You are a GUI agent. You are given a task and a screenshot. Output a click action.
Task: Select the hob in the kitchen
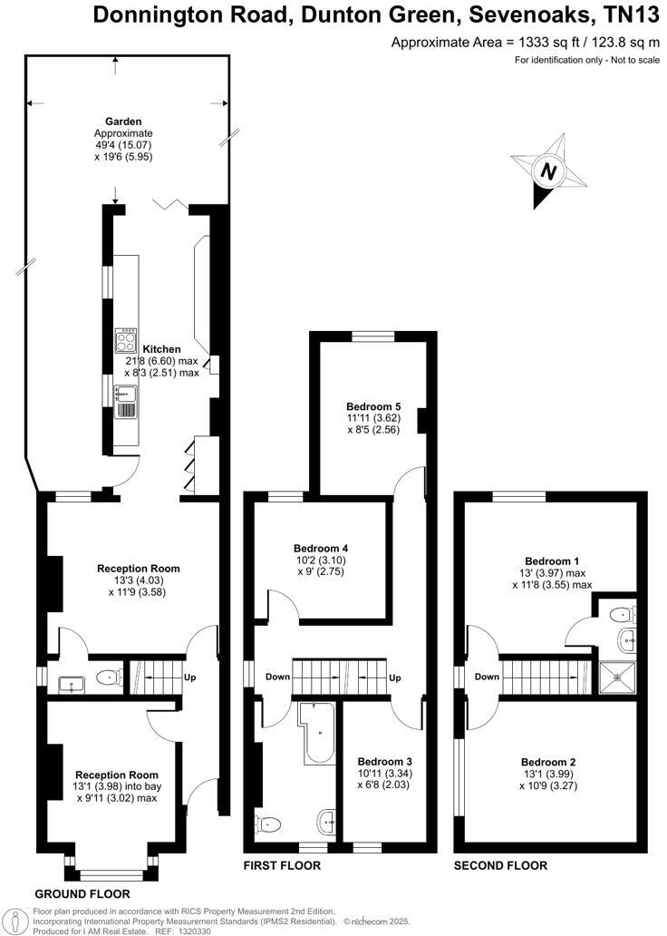[x=125, y=341]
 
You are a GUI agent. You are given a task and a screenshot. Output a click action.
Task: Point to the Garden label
[x=122, y=122]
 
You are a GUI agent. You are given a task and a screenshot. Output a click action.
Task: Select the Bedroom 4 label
[x=321, y=549]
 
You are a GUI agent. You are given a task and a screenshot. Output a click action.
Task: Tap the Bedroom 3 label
[x=384, y=761]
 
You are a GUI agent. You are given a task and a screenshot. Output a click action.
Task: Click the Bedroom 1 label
[x=552, y=561]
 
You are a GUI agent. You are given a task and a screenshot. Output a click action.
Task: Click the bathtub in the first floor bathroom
[x=317, y=730]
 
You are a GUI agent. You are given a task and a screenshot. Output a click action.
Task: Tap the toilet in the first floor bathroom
[x=269, y=824]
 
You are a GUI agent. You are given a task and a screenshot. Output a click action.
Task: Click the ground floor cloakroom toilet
[x=109, y=677]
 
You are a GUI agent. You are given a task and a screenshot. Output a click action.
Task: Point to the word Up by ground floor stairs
[x=189, y=678]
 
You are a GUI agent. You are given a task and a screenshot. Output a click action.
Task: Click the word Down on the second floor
[x=487, y=677]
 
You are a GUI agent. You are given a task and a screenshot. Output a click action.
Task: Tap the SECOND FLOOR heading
[x=500, y=866]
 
